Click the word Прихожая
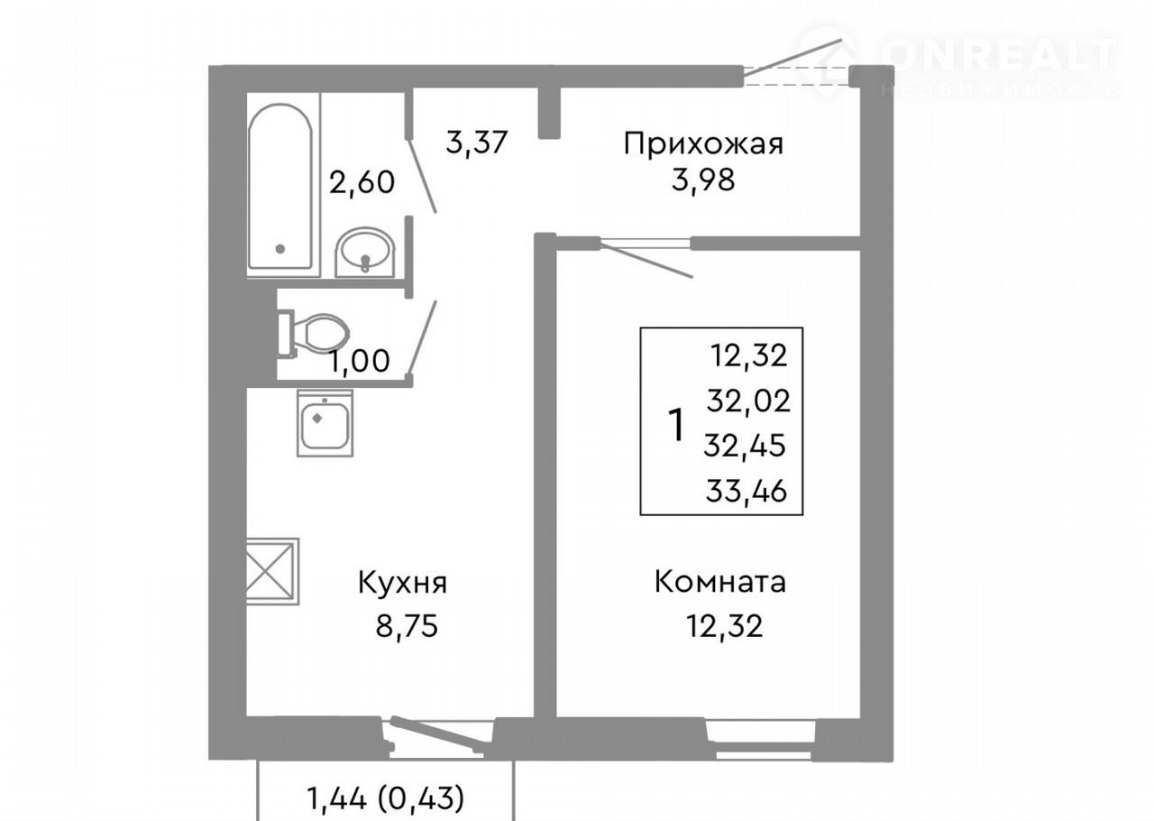pos(703,144)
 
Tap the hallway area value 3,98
pos(703,180)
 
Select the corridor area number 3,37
pos(477,143)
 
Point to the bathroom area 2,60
pos(362,182)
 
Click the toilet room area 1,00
pos(360,361)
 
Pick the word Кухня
pos(403,583)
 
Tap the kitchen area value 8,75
pos(407,627)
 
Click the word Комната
pos(720,582)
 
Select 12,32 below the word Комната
pos(724,627)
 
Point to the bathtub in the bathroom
pos(280,187)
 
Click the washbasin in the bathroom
pos(365,253)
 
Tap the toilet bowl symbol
pos(313,333)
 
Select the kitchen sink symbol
pos(325,423)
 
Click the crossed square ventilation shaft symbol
pos(272,571)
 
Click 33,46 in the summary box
pos(746,491)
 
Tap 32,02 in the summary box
pos(748,401)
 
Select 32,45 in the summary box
pos(745,446)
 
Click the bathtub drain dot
pos(280,249)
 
